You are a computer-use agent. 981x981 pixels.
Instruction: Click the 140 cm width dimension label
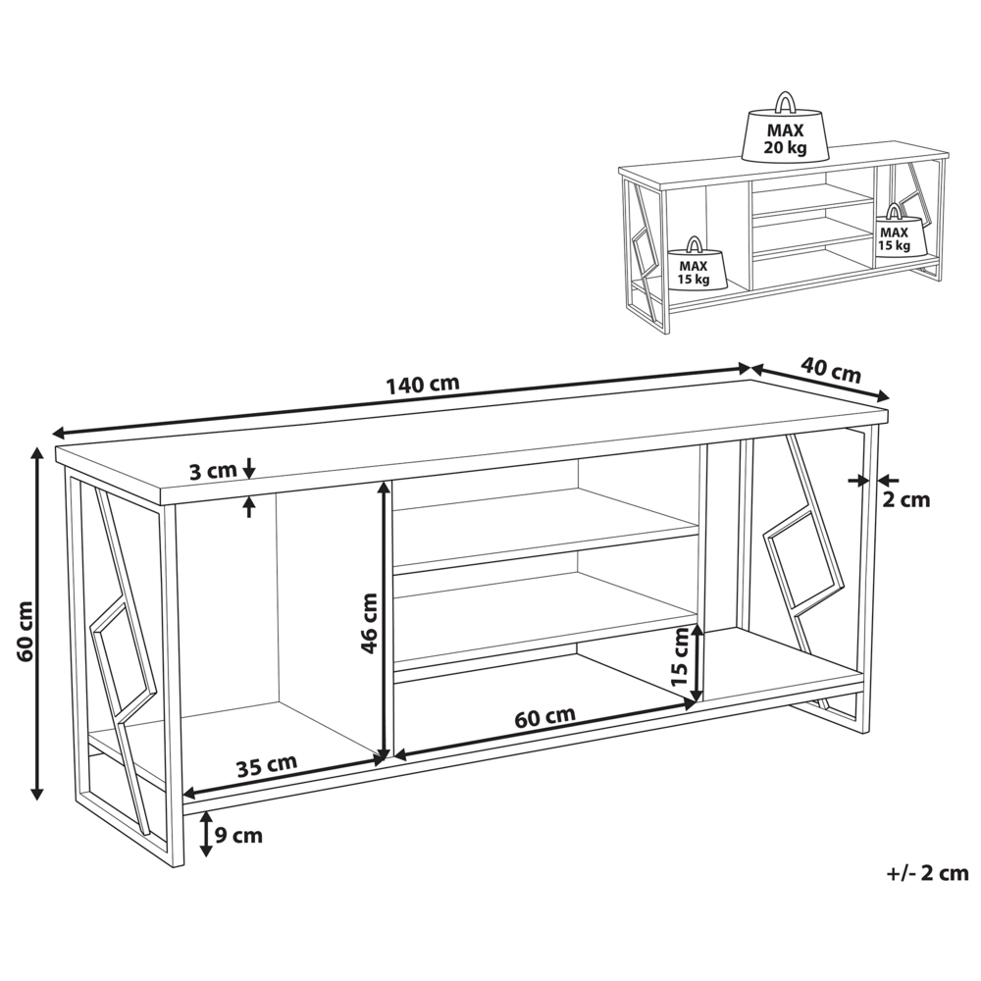point(422,384)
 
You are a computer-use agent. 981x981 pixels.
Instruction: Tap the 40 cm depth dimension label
point(832,371)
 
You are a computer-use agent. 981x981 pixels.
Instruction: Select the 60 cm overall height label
point(25,632)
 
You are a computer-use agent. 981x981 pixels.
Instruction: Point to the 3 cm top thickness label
point(213,471)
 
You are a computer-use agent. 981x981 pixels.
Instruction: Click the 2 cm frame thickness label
point(905,499)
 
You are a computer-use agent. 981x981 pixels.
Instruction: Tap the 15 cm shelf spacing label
point(679,657)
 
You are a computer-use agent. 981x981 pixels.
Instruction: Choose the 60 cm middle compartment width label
point(544,717)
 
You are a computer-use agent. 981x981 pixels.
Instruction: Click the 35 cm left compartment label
point(267,766)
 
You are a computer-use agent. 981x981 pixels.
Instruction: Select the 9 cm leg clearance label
point(238,835)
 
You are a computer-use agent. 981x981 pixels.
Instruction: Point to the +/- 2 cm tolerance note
point(928,873)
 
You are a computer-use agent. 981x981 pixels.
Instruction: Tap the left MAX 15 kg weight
point(694,263)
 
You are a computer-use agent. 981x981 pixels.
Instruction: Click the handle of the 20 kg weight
point(785,102)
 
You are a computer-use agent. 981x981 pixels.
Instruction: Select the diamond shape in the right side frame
point(803,560)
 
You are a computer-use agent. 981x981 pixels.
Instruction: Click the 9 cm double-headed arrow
point(205,835)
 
